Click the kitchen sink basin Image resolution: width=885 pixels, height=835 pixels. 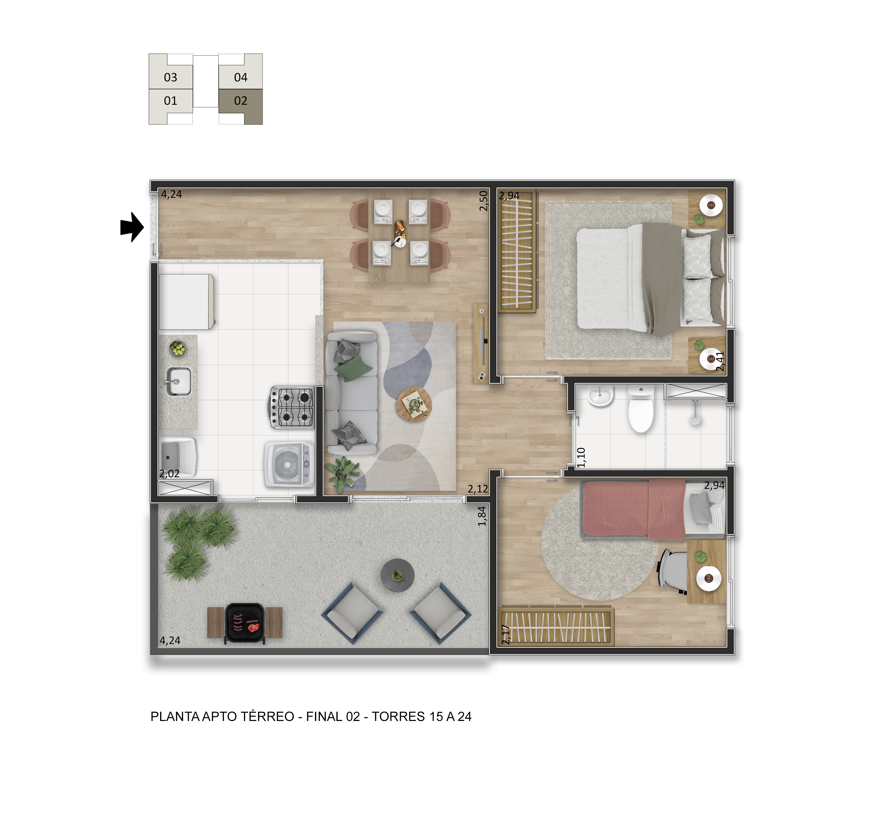(x=178, y=381)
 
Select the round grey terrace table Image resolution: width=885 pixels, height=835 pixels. (x=398, y=575)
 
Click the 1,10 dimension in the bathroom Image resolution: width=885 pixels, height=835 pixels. (x=581, y=457)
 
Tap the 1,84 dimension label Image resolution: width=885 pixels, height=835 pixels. (x=482, y=516)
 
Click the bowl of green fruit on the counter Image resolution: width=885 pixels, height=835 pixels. (x=178, y=348)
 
